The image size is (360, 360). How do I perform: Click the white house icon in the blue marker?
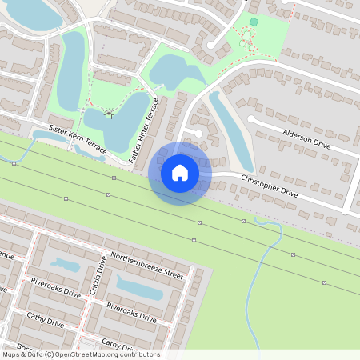point(180,172)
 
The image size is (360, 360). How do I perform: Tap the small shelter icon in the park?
point(109,115)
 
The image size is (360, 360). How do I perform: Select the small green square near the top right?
point(254,22)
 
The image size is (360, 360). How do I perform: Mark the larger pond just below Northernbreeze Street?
point(140,286)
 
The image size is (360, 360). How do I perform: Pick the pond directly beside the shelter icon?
point(124,118)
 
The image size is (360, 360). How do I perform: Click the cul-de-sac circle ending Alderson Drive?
point(252,119)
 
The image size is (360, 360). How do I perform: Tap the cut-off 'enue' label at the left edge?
point(6,256)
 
